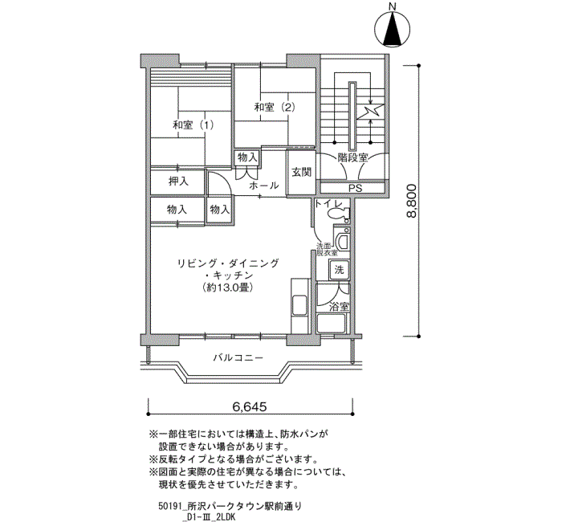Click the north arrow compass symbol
click(x=393, y=30)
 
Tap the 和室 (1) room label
click(x=193, y=125)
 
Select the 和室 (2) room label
click(x=275, y=107)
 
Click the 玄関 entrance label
click(x=301, y=172)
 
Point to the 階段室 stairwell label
click(x=352, y=157)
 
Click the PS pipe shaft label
click(x=355, y=188)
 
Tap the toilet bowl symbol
click(x=338, y=214)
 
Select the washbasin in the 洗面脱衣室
click(x=343, y=241)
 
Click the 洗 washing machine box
click(x=339, y=270)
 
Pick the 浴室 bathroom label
click(x=339, y=307)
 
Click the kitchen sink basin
click(x=299, y=305)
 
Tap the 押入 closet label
click(x=178, y=181)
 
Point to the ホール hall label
click(x=263, y=186)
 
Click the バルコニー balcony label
click(x=238, y=358)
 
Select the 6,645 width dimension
click(x=250, y=407)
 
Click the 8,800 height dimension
click(x=411, y=201)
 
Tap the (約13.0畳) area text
click(x=228, y=288)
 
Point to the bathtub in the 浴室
click(x=331, y=324)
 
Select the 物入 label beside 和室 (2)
click(x=247, y=157)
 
